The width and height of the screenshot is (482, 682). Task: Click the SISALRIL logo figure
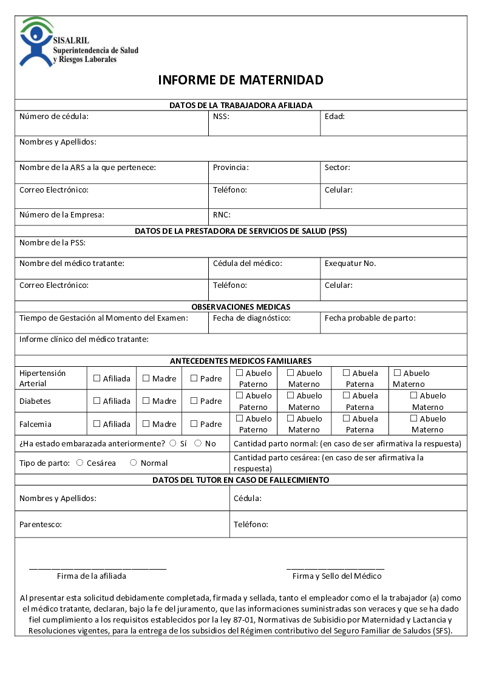coord(36,41)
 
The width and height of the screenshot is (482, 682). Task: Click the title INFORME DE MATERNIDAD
coord(240,80)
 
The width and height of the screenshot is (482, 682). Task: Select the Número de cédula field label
coord(54,116)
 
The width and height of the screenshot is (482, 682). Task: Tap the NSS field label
coord(221,116)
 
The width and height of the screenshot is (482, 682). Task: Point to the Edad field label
coord(334,116)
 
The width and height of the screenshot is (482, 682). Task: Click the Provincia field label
coord(231,167)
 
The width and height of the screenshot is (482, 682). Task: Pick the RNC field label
coord(222,214)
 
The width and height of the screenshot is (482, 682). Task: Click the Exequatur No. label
coord(350,263)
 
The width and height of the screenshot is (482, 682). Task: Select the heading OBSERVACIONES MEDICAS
coord(241,307)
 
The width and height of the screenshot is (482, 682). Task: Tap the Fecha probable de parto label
coord(370,318)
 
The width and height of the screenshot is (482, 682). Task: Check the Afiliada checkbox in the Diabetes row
coord(97,401)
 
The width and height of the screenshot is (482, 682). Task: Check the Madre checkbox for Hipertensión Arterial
coord(146,378)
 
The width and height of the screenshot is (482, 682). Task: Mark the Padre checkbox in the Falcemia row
coord(194,424)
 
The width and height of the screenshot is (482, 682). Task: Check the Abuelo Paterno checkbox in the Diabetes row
coord(240,396)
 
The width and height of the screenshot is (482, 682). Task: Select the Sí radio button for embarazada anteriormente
coord(173,443)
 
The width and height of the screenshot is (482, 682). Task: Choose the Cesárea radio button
coord(80,463)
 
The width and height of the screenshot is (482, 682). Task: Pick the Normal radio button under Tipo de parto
coord(134,463)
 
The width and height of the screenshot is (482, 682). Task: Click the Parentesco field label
coord(41,524)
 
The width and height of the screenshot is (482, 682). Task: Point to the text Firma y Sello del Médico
coord(337,576)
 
